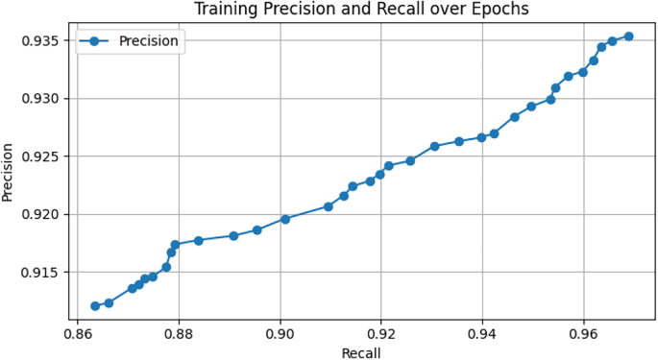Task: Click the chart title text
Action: pyautogui.click(x=361, y=10)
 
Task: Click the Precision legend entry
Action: pyautogui.click(x=148, y=41)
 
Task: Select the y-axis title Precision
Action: pyautogui.click(x=9, y=172)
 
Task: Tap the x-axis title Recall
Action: pyautogui.click(x=361, y=352)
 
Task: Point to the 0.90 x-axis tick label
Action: pyautogui.click(x=280, y=336)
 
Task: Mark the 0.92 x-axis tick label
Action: pyautogui.click(x=381, y=336)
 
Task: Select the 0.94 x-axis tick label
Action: pyautogui.click(x=482, y=336)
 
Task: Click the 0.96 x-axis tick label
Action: pyautogui.click(x=583, y=336)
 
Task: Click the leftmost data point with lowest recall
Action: pyautogui.click(x=95, y=306)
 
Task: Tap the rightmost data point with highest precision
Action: pyautogui.click(x=628, y=36)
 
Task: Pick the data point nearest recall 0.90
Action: pyautogui.click(x=285, y=219)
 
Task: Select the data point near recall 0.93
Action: pyautogui.click(x=434, y=146)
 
